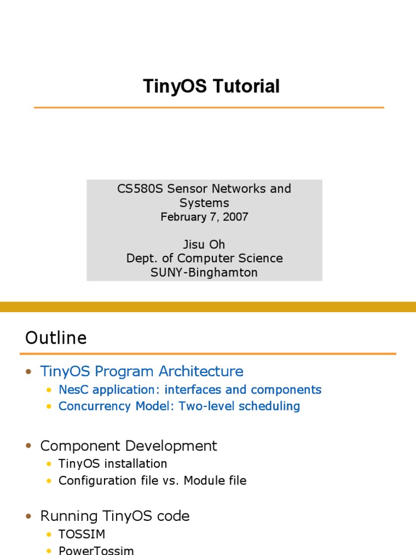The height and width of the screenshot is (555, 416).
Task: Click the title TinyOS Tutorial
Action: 211,86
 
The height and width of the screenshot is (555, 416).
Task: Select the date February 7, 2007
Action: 204,217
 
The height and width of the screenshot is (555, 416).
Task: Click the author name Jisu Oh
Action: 204,244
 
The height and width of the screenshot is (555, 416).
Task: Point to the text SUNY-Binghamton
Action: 204,273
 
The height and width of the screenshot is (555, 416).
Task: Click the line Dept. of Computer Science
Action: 204,259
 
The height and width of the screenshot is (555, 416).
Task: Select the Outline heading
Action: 56,338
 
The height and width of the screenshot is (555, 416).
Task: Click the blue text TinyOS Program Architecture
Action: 141,371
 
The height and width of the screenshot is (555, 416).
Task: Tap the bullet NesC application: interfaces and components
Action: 190,390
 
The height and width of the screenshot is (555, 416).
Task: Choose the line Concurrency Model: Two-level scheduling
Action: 179,406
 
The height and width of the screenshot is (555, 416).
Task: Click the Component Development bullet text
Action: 128,446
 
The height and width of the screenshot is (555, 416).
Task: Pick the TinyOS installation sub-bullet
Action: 113,464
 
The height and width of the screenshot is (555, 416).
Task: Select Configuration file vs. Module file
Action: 152,481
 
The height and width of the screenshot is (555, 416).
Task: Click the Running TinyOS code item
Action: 115,516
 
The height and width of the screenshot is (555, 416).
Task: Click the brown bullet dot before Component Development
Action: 29,447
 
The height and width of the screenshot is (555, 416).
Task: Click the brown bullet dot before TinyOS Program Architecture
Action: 29,372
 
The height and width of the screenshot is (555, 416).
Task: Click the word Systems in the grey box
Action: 204,203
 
